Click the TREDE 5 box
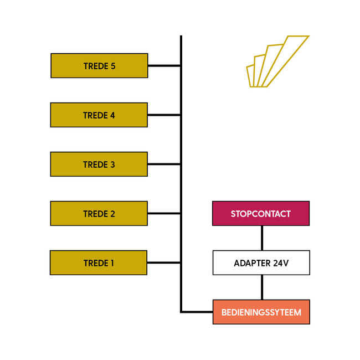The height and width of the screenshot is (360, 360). (x=99, y=65)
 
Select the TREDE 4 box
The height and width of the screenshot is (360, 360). (x=99, y=115)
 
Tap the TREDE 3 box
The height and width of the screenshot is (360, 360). (x=99, y=164)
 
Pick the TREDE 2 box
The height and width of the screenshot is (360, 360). (x=99, y=214)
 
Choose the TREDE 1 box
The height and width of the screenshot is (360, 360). (x=99, y=263)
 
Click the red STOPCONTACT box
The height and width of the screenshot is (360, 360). (x=261, y=214)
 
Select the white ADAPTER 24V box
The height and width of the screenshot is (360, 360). (x=261, y=263)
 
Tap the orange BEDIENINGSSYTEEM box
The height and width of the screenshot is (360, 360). (x=261, y=312)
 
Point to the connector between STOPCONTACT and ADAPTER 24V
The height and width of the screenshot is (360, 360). (x=262, y=238)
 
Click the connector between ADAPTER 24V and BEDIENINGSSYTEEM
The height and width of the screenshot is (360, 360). (x=262, y=287)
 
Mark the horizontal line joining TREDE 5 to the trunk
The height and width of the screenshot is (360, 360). (x=164, y=66)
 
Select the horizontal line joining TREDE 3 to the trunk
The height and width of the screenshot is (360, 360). (x=164, y=164)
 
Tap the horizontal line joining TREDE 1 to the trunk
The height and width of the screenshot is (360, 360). (x=164, y=263)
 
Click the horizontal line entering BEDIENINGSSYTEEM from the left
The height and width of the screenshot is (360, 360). (x=197, y=312)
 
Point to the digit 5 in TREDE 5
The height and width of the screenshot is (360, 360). (x=113, y=66)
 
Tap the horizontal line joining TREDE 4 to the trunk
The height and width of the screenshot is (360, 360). (x=164, y=115)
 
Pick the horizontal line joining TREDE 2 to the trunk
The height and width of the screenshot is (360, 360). (x=164, y=214)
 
